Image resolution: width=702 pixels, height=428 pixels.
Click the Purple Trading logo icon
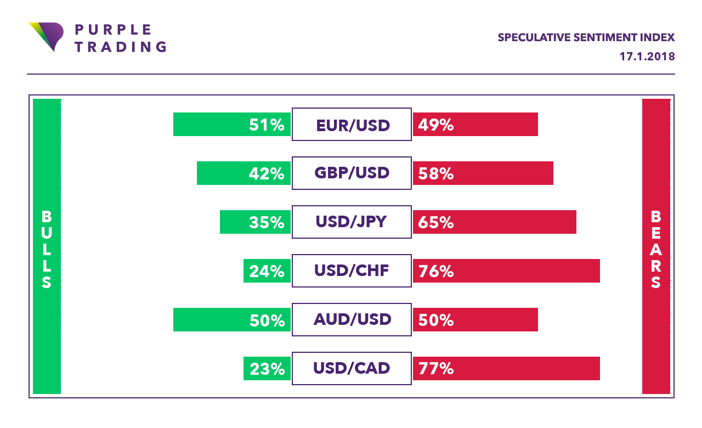click(46, 36)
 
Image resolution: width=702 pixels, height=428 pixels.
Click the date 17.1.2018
click(647, 57)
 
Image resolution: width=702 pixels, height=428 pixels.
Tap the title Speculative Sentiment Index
click(586, 38)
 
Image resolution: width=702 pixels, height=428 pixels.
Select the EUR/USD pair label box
click(352, 125)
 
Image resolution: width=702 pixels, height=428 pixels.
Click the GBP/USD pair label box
click(352, 173)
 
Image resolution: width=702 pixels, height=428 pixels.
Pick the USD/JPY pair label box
click(352, 222)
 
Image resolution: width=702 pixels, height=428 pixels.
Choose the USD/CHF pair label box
click(352, 271)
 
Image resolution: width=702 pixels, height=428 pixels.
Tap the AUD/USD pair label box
click(352, 319)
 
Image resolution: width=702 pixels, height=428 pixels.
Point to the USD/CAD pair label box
click(352, 368)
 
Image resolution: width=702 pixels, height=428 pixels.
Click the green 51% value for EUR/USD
click(267, 125)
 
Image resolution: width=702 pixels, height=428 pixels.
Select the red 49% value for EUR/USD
click(436, 125)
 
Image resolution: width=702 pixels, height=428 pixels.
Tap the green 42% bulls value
click(267, 174)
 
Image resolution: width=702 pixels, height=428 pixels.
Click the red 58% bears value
click(436, 174)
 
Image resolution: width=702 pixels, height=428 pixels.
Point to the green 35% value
click(267, 223)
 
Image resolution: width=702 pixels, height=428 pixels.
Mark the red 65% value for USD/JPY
click(436, 223)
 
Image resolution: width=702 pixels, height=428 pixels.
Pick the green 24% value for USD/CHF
click(267, 272)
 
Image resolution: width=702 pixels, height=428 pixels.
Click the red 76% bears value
click(436, 272)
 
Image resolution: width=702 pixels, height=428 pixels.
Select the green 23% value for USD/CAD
click(267, 369)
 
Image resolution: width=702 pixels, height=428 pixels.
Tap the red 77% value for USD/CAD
click(436, 369)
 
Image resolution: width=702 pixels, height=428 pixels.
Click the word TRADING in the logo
click(120, 47)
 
